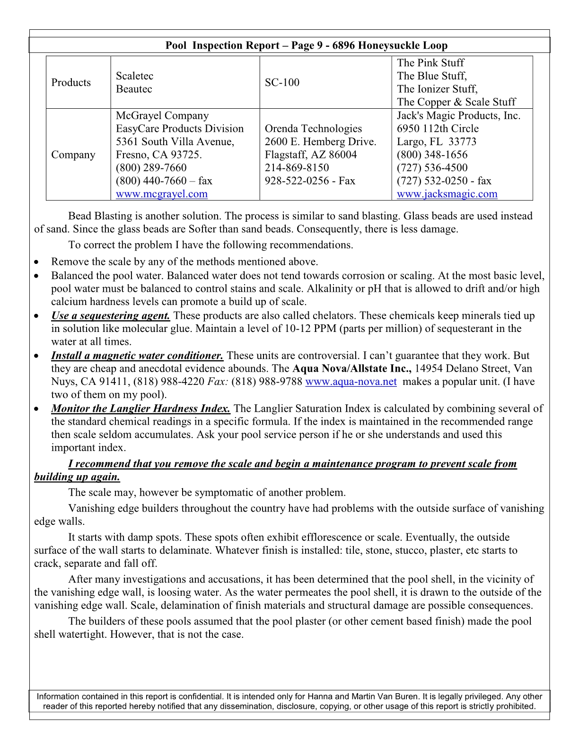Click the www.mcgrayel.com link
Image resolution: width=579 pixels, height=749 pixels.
point(161,194)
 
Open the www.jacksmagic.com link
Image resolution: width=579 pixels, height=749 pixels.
point(447,194)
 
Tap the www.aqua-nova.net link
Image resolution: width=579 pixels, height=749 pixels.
point(351,382)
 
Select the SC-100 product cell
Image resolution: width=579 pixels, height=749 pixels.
point(282,82)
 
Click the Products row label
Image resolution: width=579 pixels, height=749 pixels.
point(71,82)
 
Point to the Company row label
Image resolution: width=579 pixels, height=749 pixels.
point(73,155)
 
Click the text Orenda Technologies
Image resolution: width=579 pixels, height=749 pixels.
point(313,129)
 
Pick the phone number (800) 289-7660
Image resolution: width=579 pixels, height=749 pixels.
point(151,168)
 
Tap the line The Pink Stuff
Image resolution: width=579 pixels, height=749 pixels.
point(430,63)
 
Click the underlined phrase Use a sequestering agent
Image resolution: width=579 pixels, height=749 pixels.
point(110,315)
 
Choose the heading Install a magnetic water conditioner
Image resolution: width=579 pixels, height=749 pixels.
point(137,356)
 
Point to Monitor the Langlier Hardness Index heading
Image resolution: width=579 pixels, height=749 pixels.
point(140,409)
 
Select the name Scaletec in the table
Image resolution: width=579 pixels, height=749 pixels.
point(134,76)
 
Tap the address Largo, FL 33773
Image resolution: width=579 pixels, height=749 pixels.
point(437,142)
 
